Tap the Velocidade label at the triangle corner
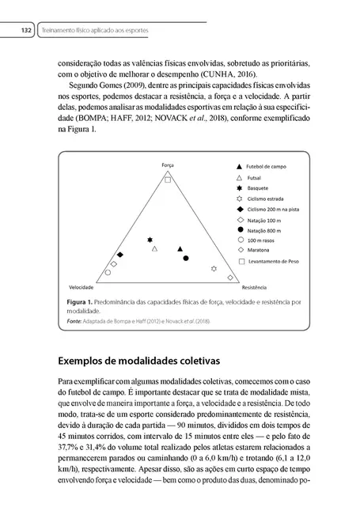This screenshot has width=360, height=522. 82,287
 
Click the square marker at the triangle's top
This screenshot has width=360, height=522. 168,180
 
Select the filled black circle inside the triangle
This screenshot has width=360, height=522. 186,259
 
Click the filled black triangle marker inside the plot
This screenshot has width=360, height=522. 180,248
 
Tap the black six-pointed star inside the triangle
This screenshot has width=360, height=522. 150,240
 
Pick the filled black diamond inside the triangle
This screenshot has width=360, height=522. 120,255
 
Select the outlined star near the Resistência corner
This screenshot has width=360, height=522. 214,269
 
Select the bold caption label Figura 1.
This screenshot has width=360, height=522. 81,302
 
